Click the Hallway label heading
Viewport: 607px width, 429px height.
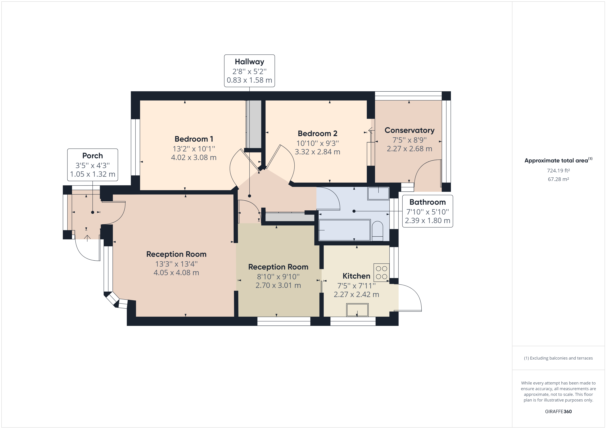(x=249, y=62)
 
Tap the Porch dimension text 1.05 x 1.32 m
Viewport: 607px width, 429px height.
(x=93, y=174)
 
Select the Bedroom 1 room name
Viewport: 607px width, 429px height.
(x=194, y=139)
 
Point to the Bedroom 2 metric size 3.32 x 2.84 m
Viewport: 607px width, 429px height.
(x=317, y=152)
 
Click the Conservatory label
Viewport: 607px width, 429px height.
(x=409, y=130)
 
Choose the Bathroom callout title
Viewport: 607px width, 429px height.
(x=428, y=202)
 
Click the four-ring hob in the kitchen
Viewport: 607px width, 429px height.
(x=381, y=273)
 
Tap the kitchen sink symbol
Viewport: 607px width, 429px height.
(x=357, y=310)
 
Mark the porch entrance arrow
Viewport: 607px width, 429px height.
(x=87, y=238)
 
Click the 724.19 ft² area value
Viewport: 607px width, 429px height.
(x=558, y=171)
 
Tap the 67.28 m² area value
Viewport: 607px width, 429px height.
(x=558, y=179)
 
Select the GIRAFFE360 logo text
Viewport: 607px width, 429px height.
(x=558, y=411)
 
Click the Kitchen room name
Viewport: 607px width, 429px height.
(x=356, y=276)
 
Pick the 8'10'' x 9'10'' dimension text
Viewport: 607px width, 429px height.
(x=278, y=277)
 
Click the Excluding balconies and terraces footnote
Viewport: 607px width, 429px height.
(x=558, y=358)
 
